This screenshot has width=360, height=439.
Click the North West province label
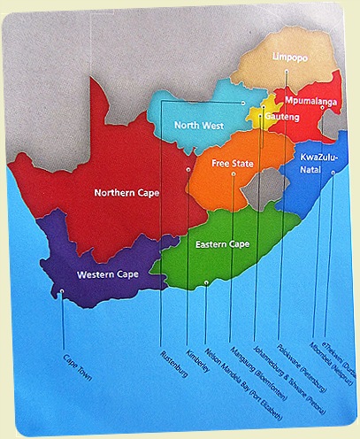(x=199, y=125)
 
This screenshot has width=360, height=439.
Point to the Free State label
(x=234, y=163)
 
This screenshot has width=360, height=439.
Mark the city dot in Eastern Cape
(x=206, y=281)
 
